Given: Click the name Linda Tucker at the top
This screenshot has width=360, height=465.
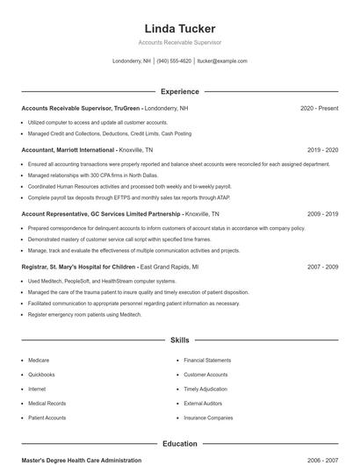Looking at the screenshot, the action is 179,29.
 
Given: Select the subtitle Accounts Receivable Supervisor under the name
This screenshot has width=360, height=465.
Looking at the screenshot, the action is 179,42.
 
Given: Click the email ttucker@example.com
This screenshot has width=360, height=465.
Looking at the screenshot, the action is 222,61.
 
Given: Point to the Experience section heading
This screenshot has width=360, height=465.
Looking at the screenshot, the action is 179,91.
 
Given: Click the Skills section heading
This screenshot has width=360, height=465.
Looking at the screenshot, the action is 179,340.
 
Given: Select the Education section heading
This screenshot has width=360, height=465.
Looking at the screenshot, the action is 179,444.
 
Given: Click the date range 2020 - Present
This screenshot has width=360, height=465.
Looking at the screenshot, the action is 319,108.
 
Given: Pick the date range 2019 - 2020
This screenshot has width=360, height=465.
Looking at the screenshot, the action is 322,150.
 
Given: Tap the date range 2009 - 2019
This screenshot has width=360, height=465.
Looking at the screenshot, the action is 322,214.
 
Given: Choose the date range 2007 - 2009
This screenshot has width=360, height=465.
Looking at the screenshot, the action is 322,267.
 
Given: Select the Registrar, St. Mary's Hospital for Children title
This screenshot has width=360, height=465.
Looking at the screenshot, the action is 79,267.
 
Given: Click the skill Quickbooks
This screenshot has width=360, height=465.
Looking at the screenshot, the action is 41,375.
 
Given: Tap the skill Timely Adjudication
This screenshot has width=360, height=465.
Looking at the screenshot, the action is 205,389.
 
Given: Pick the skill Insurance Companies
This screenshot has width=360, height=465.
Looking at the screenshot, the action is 208,418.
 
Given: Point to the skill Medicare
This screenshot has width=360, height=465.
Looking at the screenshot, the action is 39,361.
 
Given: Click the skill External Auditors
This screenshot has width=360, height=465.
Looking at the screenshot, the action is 203,404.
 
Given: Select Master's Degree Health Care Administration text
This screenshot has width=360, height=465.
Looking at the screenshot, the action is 81,460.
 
